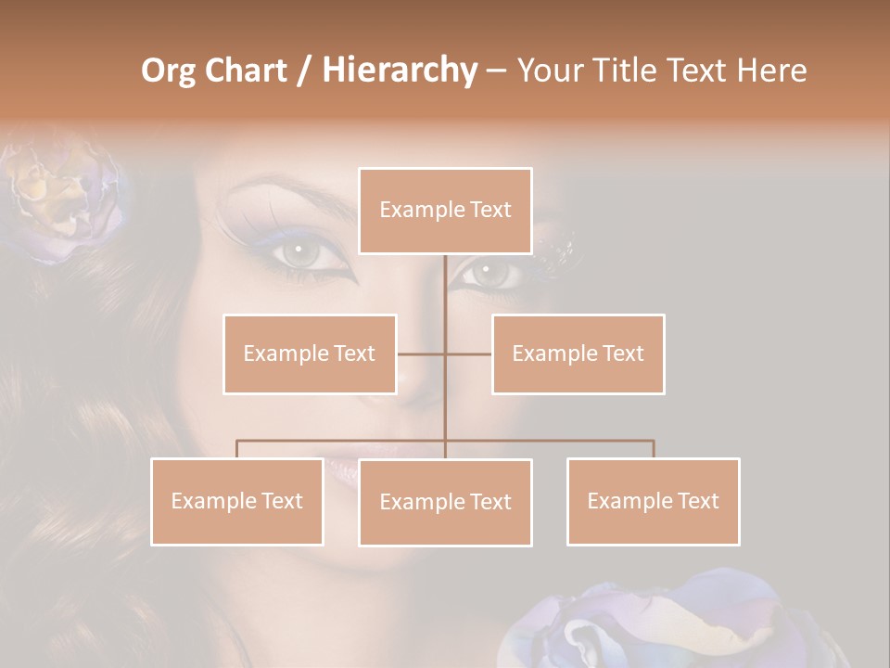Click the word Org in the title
168,71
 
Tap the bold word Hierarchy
399,71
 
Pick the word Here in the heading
771,71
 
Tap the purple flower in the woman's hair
65,199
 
